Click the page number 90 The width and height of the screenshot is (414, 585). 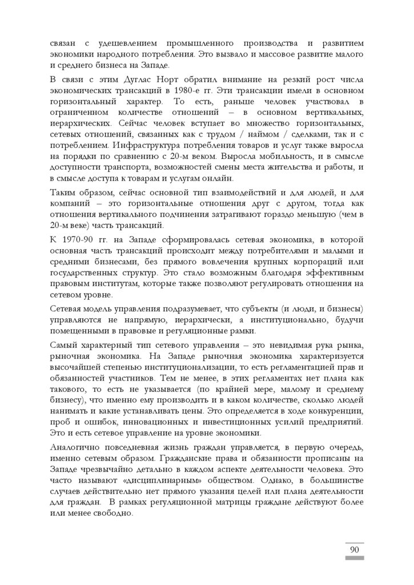pos(354,549)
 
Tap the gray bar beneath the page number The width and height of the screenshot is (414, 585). pos(354,557)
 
